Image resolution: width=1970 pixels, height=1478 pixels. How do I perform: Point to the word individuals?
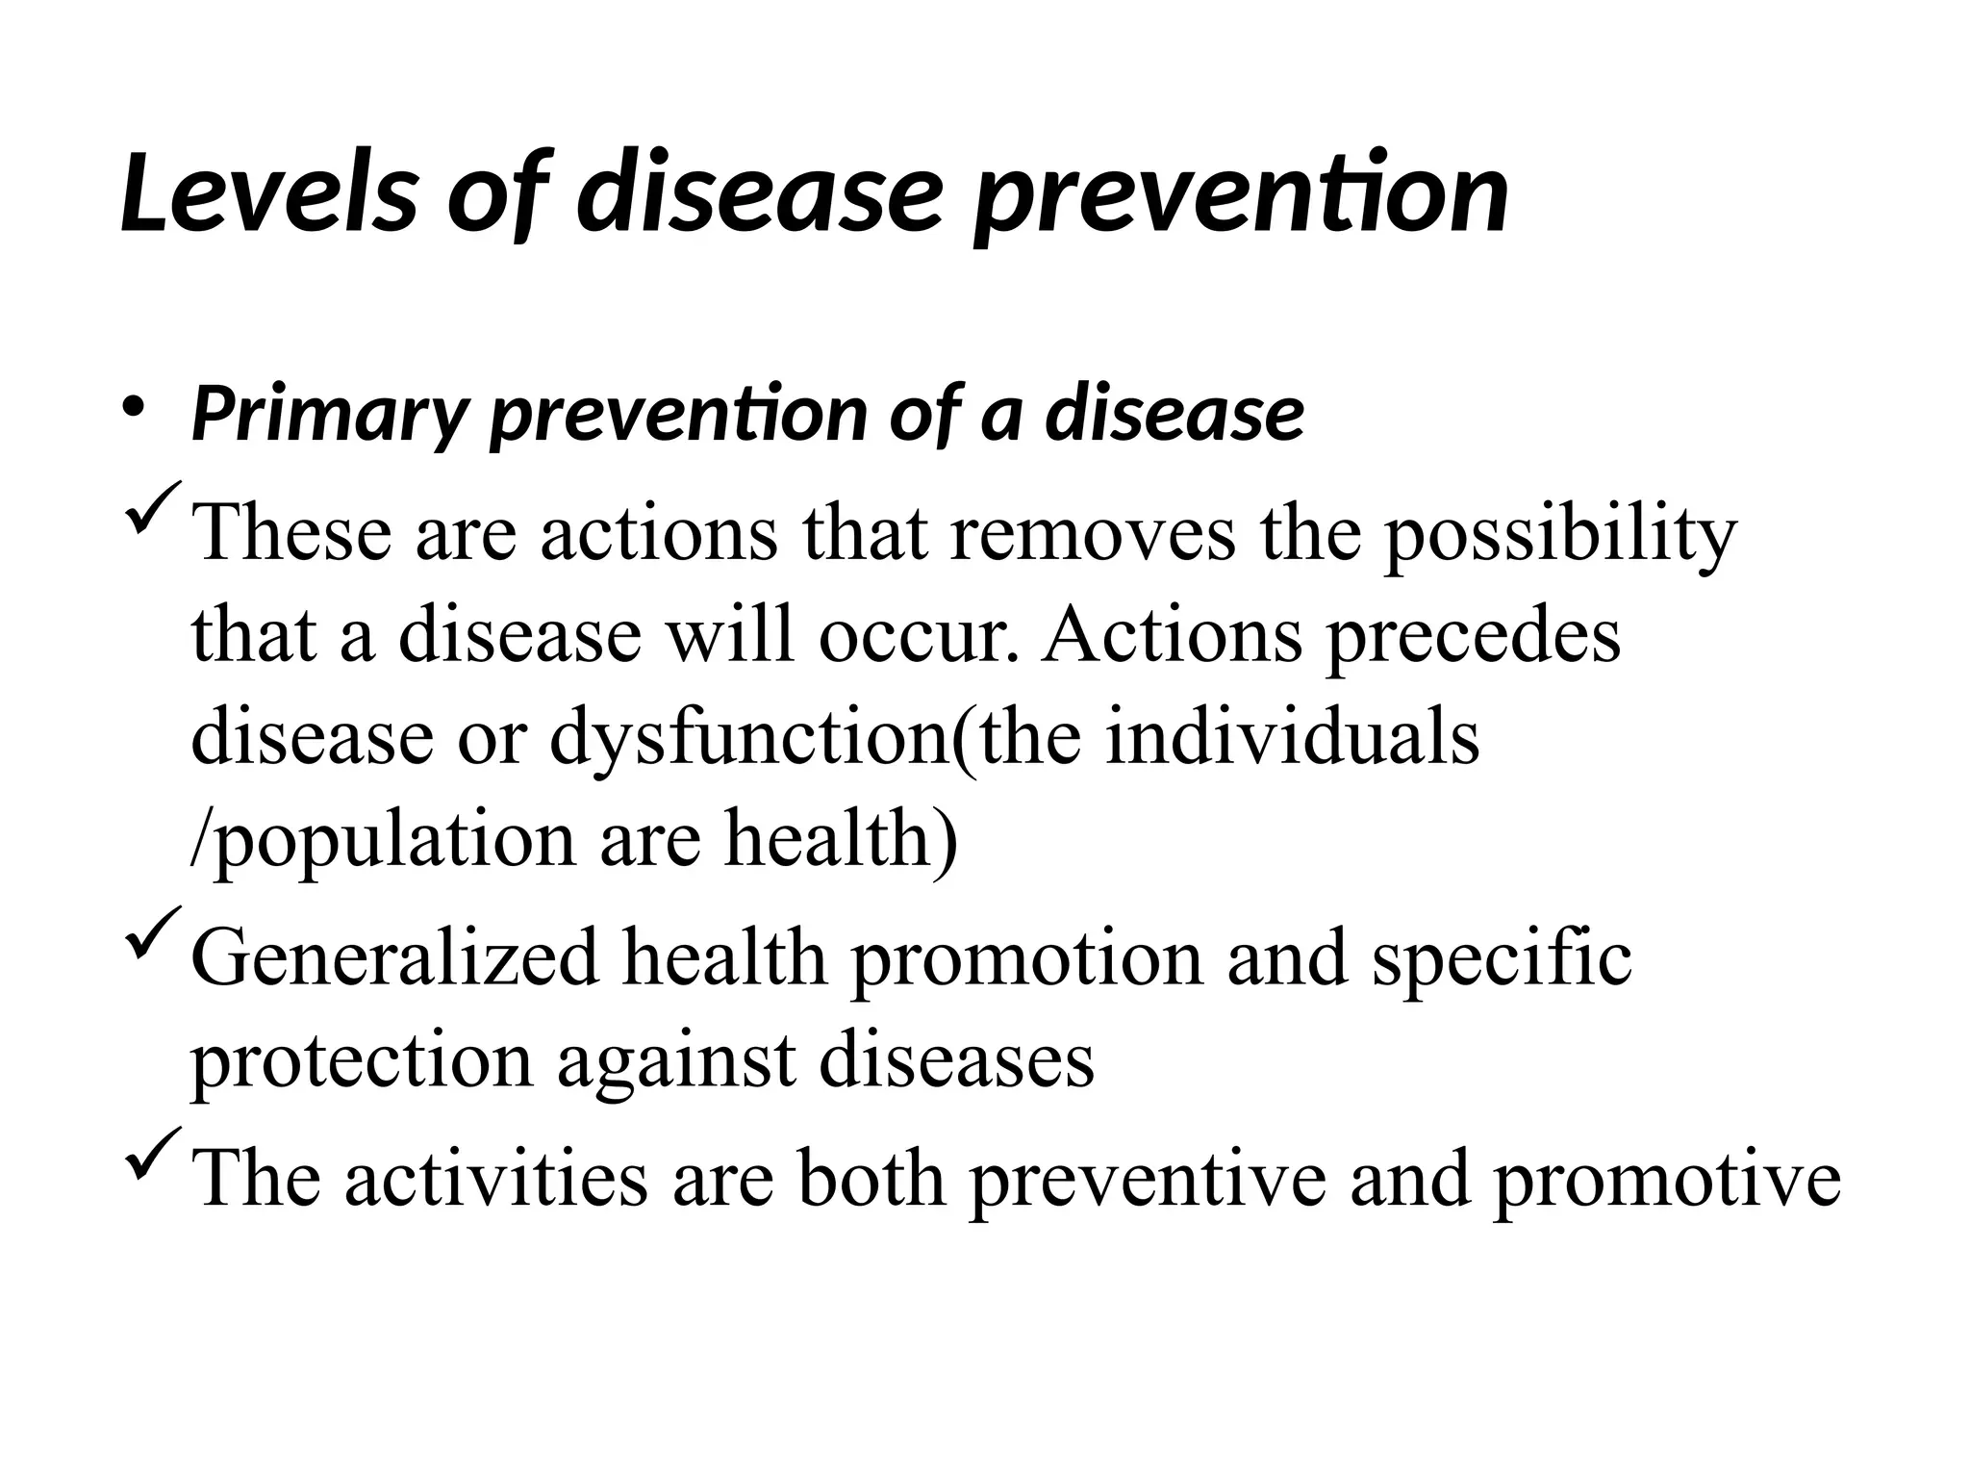pyautogui.click(x=1293, y=738)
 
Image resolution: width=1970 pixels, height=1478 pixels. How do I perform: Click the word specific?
pyautogui.click(x=1502, y=959)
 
